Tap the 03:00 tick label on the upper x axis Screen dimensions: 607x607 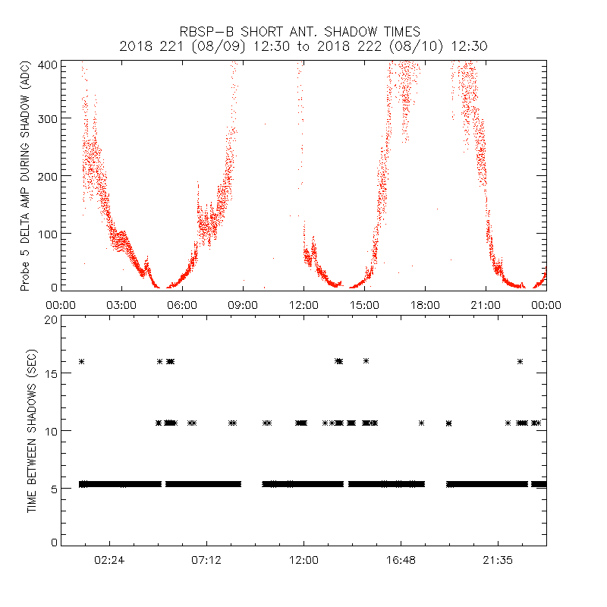click(121, 305)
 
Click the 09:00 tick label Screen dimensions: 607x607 click(243, 305)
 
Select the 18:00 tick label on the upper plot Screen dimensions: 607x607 click(425, 305)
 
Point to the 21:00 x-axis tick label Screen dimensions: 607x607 click(486, 305)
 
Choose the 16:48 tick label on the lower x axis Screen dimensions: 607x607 click(401, 561)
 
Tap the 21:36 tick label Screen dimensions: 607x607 click(498, 561)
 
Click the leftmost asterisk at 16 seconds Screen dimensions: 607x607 click(81, 361)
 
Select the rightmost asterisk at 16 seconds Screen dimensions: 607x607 click(520, 361)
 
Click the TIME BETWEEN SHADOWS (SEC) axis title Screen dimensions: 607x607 click(32, 432)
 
